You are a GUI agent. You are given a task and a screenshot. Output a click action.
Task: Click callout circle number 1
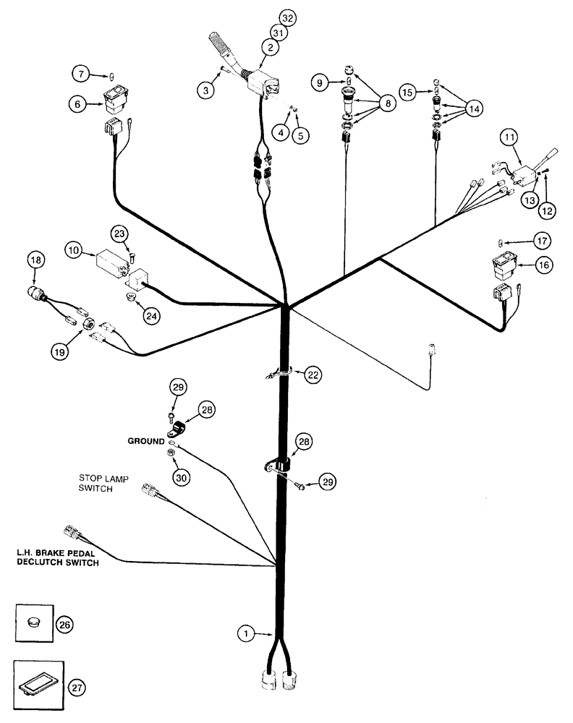click(247, 634)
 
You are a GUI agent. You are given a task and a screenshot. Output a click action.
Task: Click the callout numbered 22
click(313, 375)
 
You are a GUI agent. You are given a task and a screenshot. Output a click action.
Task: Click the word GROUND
click(147, 440)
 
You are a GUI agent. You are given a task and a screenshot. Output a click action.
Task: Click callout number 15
click(409, 93)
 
